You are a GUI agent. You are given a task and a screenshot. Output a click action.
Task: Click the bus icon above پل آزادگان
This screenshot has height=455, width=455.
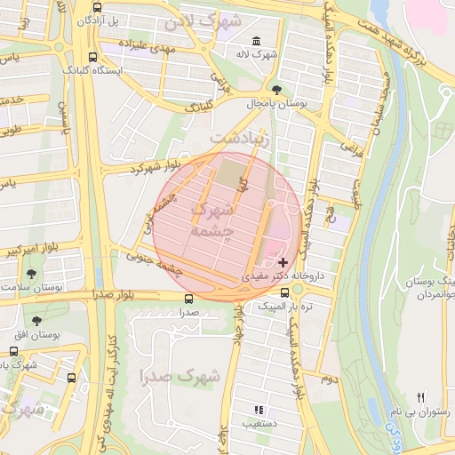click(x=94, y=6)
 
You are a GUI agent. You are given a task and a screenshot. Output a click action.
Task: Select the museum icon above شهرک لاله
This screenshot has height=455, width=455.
click(x=257, y=41)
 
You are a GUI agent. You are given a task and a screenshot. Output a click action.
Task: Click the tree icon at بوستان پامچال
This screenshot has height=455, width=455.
click(x=277, y=90)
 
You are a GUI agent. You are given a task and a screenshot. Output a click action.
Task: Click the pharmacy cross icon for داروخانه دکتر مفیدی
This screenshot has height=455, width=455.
click(x=283, y=262)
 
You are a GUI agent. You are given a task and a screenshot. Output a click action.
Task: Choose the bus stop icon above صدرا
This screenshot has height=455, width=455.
click(x=187, y=299)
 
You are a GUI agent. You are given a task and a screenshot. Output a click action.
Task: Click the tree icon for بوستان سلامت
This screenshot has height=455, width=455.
click(x=32, y=274)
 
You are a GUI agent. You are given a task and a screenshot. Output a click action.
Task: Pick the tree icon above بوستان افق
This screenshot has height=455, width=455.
click(x=36, y=320)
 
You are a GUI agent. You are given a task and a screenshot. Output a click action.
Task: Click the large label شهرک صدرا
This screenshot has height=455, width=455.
click(x=179, y=376)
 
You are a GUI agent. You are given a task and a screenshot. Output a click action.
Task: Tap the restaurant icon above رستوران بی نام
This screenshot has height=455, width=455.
click(x=421, y=397)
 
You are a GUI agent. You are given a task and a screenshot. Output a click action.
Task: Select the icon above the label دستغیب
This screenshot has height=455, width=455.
click(x=259, y=410)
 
